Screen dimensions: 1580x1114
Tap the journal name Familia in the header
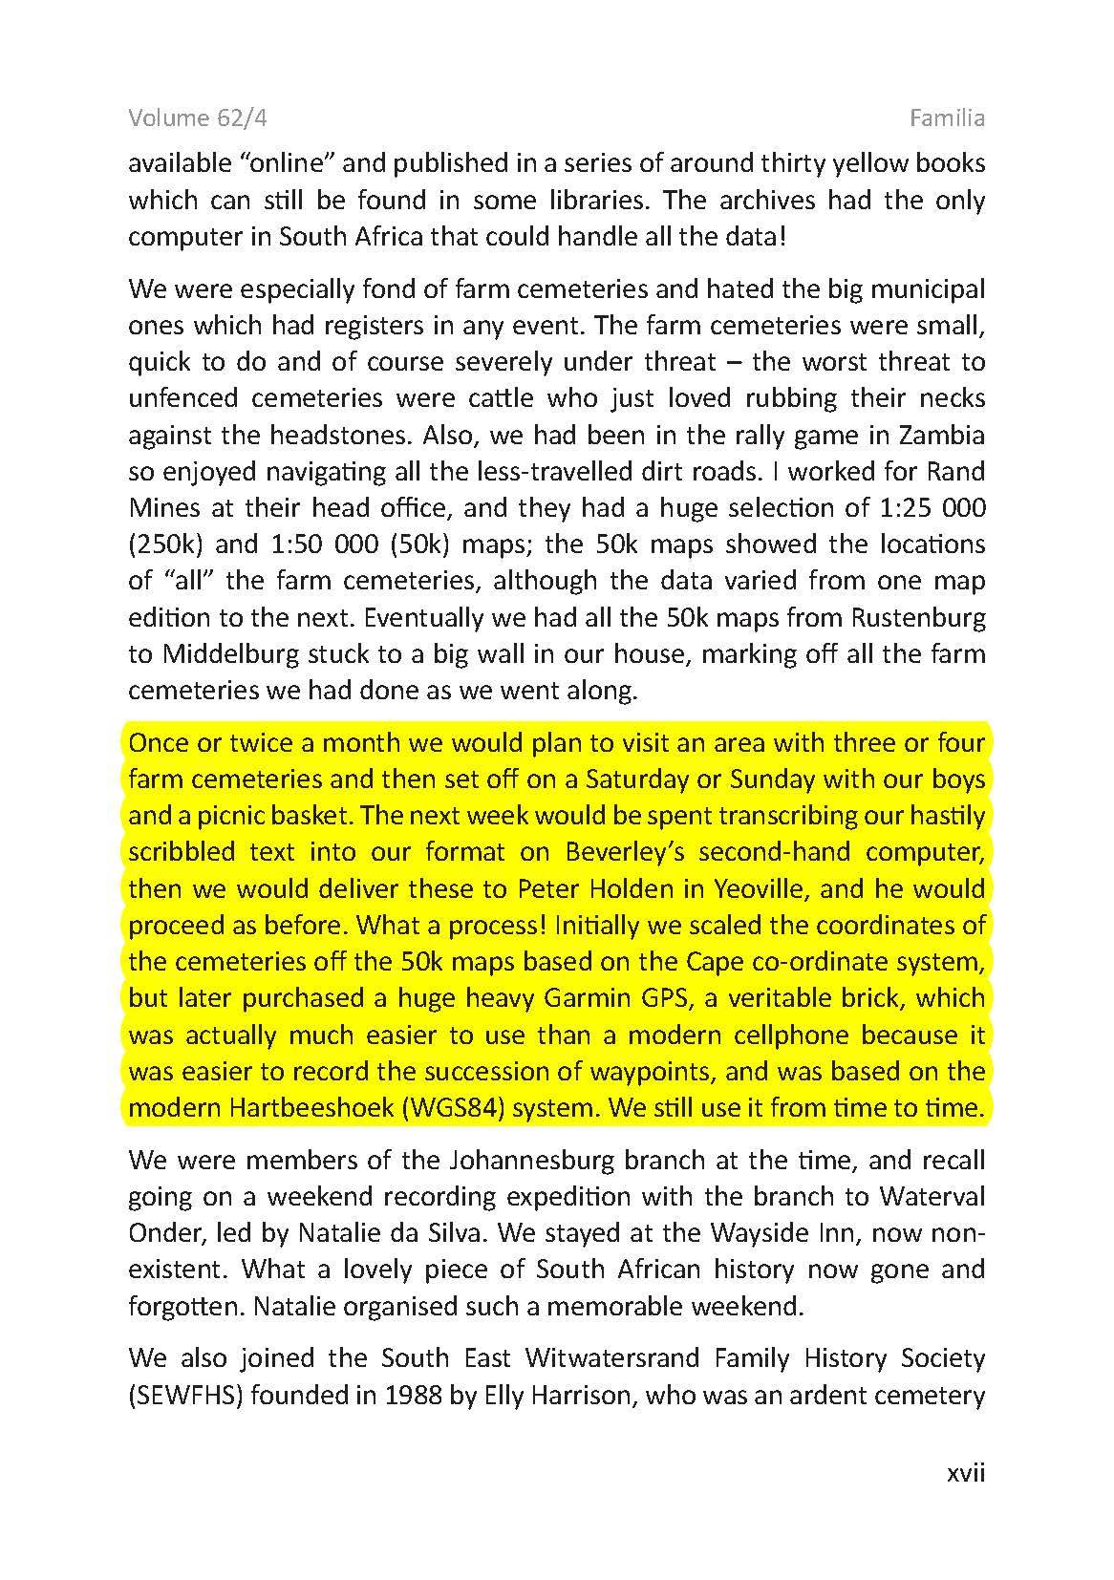click(x=947, y=117)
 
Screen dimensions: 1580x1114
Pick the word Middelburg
click(x=233, y=654)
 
